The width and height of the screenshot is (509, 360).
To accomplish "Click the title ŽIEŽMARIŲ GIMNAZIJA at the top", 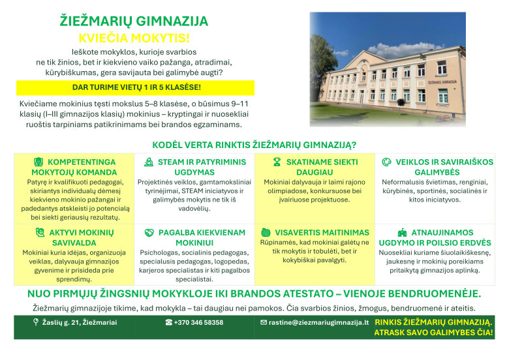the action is [x=134, y=21].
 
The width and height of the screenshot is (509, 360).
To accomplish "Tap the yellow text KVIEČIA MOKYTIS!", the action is [x=134, y=38].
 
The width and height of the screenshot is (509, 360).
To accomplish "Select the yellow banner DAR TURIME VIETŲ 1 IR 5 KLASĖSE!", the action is [x=135, y=87].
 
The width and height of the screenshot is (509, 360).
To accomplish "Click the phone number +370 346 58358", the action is [x=198, y=322].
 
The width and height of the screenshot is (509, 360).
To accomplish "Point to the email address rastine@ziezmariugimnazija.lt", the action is [x=318, y=322].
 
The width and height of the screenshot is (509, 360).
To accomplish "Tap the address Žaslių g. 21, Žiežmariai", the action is [x=80, y=322].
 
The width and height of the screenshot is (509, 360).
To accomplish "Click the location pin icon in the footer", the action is [x=36, y=322].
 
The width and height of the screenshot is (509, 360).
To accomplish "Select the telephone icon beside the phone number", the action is [x=169, y=322].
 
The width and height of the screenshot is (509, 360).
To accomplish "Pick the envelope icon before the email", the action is [x=264, y=322].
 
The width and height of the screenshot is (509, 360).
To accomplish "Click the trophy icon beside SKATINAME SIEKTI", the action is [x=277, y=162].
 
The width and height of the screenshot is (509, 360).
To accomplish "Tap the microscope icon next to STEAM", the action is [x=149, y=162].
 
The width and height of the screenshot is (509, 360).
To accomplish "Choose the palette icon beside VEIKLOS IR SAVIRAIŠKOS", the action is [x=386, y=162].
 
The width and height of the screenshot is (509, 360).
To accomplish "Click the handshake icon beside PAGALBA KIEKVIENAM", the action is [x=149, y=233].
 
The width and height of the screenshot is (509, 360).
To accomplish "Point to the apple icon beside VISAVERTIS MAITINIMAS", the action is [x=266, y=232].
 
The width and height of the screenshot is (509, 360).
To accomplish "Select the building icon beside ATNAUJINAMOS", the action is [x=402, y=232].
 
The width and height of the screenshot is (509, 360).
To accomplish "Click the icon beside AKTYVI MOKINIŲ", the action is [x=40, y=232].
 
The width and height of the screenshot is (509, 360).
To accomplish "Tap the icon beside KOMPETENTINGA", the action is [x=39, y=162].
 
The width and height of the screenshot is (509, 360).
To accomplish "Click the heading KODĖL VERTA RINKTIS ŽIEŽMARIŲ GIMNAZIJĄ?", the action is [x=254, y=145].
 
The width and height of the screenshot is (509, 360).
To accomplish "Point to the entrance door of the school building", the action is [x=362, y=97].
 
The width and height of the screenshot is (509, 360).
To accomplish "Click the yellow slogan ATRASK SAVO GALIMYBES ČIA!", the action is [x=434, y=333].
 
